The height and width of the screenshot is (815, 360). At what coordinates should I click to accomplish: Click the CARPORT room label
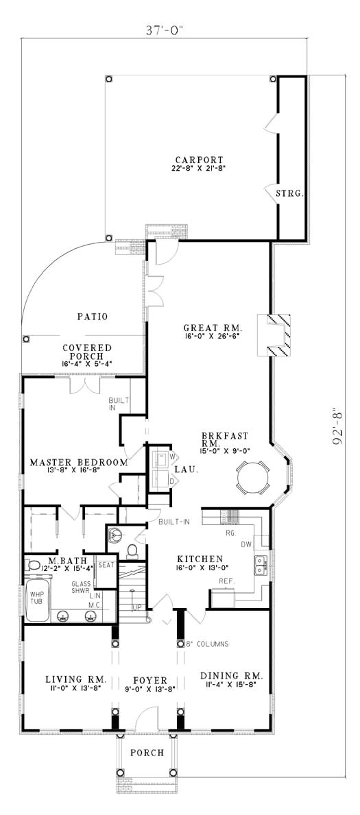coord(200,160)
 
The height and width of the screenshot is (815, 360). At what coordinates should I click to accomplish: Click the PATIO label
coord(92,316)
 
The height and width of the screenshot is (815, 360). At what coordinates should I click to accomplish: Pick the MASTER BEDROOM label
coord(79,461)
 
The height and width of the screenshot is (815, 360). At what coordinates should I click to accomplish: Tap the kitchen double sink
coord(260,565)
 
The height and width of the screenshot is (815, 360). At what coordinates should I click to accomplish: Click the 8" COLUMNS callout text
coord(207,644)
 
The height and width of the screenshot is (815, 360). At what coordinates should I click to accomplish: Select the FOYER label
coord(149,680)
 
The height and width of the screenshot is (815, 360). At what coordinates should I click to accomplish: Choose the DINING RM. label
coord(232,676)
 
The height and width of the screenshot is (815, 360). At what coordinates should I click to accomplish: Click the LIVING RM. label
coord(76,679)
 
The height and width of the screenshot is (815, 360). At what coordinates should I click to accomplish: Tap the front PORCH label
coord(147,752)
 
